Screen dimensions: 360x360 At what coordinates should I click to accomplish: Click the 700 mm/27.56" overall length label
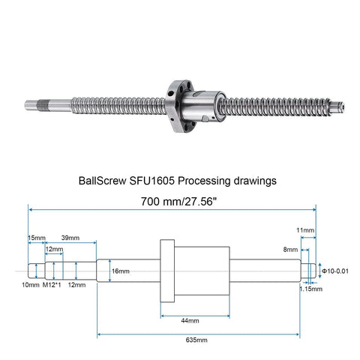tap(180, 202)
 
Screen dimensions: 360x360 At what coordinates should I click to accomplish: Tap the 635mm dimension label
tap(196, 340)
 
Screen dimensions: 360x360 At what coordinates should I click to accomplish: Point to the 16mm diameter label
tap(120, 271)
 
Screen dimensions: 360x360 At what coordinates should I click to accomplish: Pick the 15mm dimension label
tap(36, 238)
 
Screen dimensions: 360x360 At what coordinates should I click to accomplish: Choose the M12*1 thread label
tap(52, 286)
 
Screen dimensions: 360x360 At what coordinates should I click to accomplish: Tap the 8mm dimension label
tap(292, 249)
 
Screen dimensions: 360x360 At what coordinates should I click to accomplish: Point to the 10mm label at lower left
tap(29, 286)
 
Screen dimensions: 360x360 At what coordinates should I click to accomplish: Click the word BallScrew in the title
tap(103, 181)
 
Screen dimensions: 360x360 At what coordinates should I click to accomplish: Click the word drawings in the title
tap(256, 181)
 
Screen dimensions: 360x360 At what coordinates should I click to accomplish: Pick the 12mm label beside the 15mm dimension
tap(54, 248)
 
